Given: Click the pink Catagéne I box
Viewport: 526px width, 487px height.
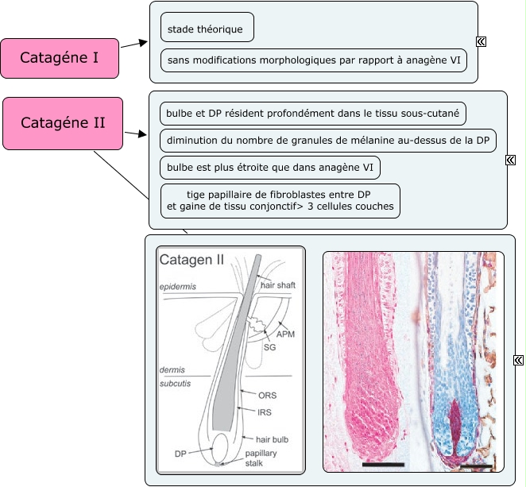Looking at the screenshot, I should pos(60,58).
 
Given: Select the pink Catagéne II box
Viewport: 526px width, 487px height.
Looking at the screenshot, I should pos(62,123).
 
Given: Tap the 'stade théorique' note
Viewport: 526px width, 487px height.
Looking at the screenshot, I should pos(207,28).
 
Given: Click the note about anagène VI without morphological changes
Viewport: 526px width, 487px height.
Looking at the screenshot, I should pos(313,60).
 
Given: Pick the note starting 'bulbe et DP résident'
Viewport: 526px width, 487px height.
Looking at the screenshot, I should pos(313,114).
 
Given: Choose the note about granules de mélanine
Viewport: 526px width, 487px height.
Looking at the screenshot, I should pos(327,141).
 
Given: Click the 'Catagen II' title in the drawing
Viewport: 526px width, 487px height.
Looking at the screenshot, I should pos(192,259).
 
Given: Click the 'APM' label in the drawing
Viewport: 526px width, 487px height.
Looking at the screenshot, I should pos(285,334).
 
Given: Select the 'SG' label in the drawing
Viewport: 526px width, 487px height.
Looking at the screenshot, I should pos(269,347).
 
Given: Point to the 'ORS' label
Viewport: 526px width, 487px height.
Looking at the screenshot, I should pos(268,394).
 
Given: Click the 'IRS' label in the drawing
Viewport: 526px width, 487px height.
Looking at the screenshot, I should pos(265,412).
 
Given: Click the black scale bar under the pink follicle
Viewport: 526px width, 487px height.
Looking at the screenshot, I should pos(383,463).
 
